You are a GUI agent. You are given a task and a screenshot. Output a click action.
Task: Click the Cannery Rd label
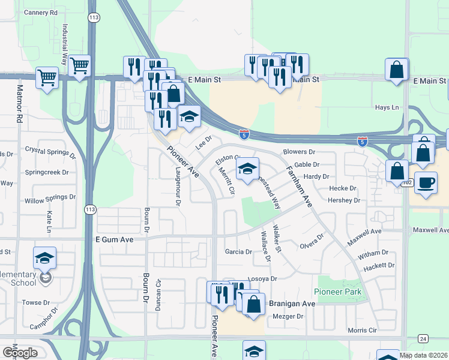[x=41, y=12]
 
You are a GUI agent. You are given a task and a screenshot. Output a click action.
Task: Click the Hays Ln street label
[x=387, y=107]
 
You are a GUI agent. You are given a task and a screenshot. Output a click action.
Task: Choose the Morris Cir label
[x=361, y=330]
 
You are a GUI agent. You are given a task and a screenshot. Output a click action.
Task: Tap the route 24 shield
[x=423, y=339]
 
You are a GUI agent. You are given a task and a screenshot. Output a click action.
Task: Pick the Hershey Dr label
[x=344, y=200]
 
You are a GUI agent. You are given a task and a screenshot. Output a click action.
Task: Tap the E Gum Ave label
[x=113, y=239]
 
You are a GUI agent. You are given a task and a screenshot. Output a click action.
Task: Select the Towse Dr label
[x=35, y=302]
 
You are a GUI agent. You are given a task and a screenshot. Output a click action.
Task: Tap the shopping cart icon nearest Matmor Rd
[x=46, y=77]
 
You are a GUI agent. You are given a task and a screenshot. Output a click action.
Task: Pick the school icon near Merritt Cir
[x=247, y=170]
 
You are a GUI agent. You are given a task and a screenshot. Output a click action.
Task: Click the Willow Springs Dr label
[x=50, y=197]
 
